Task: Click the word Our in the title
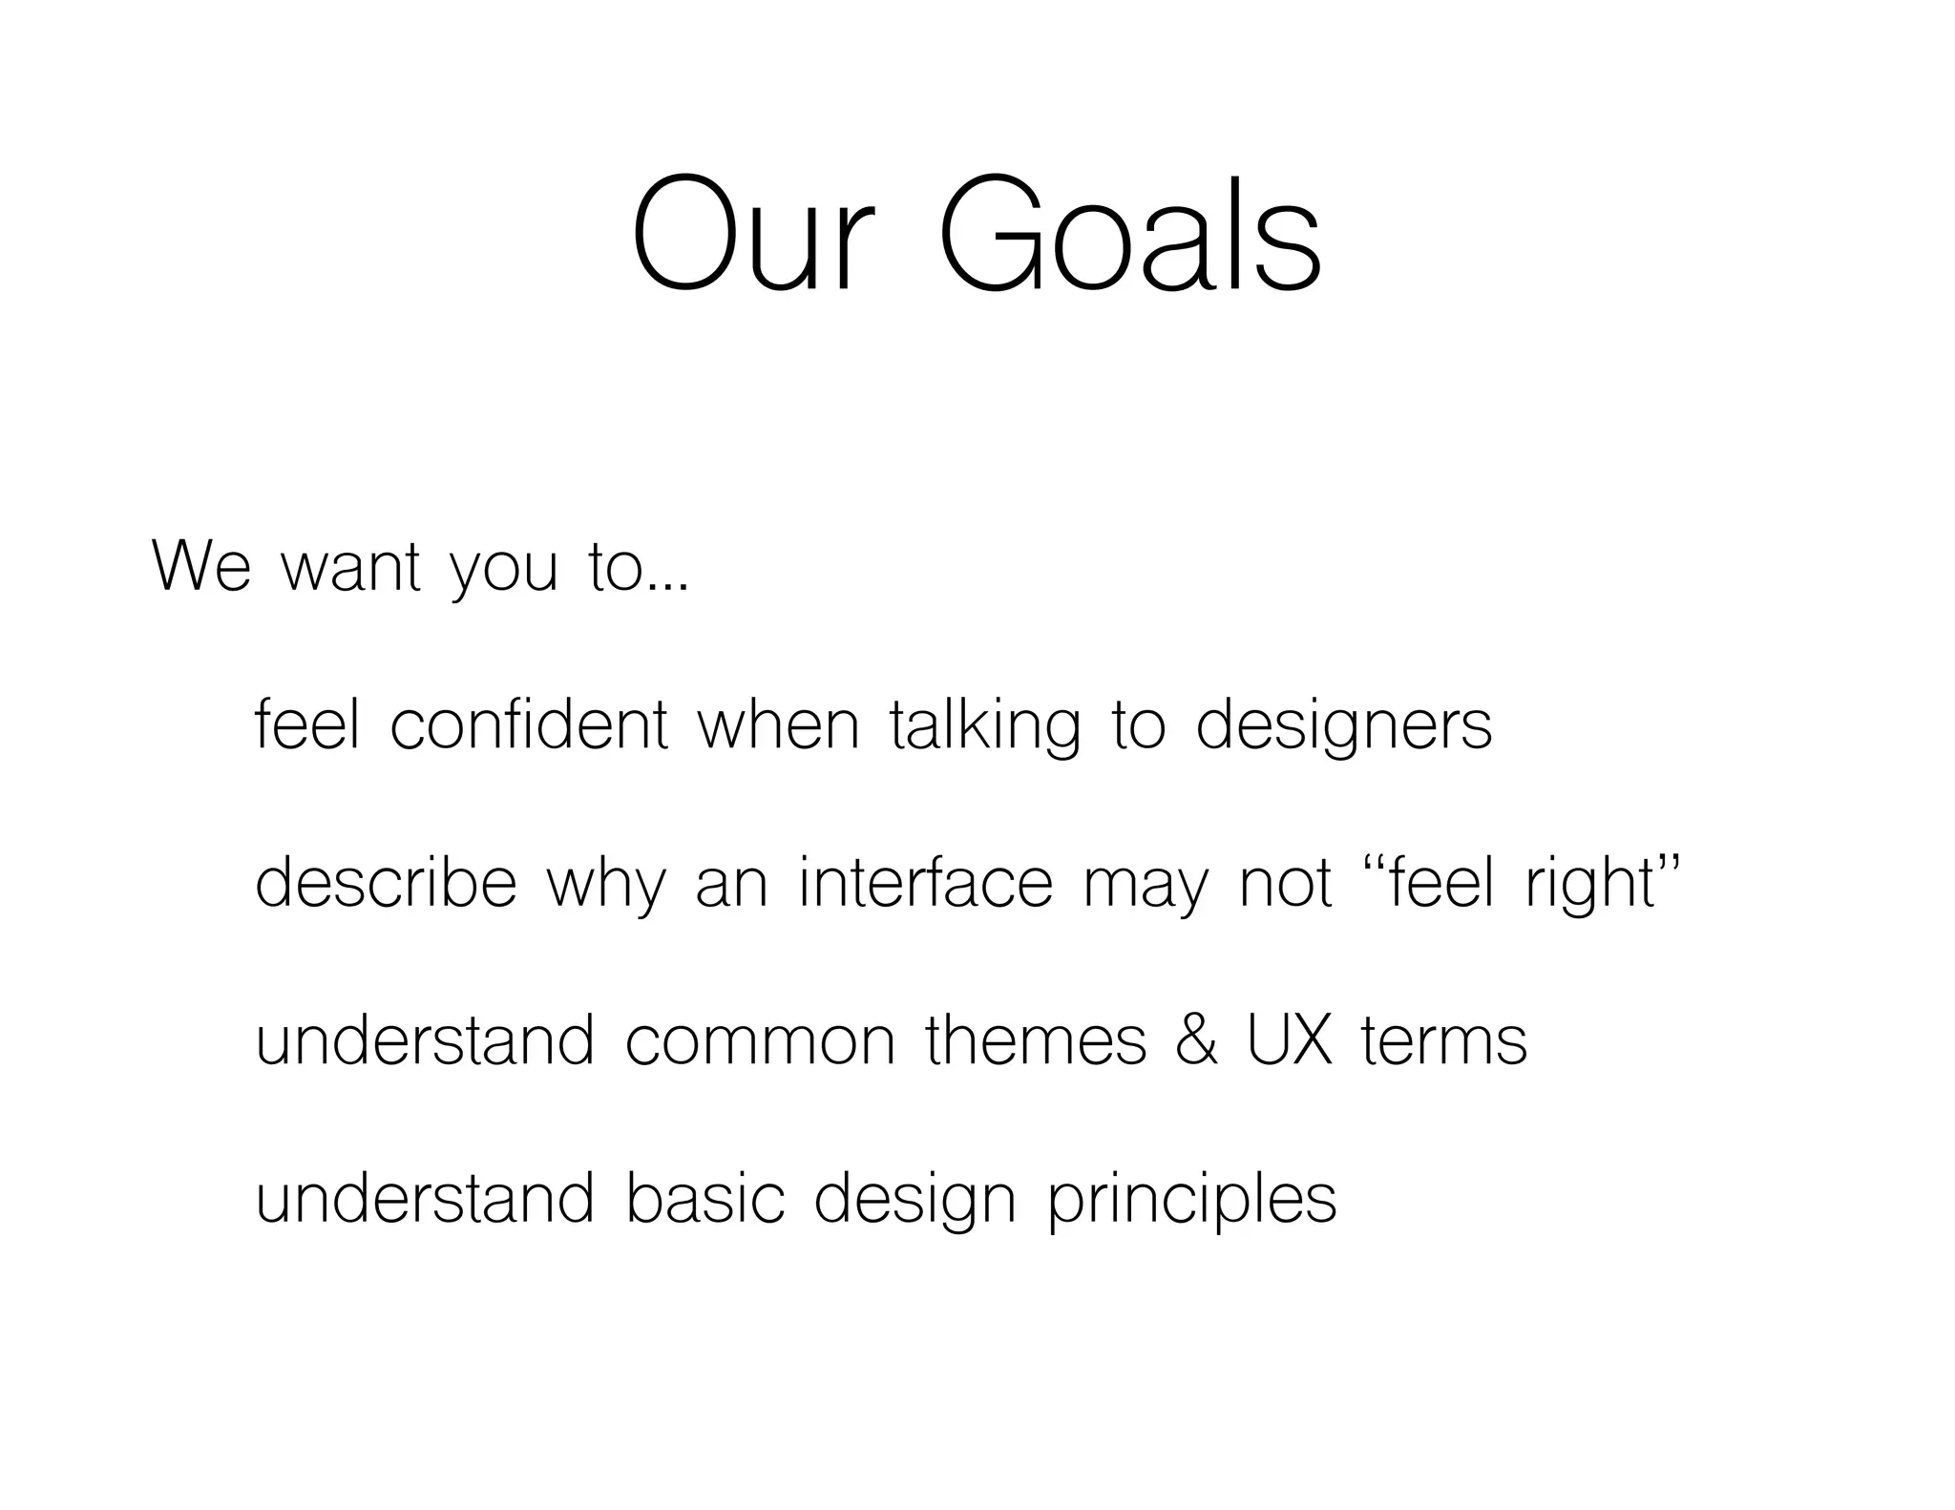click(752, 235)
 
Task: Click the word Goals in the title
click(1130, 235)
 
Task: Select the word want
click(350, 569)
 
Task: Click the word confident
click(529, 725)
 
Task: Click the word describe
click(386, 882)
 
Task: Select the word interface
click(925, 882)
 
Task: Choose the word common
click(760, 1042)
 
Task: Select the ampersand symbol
click(1197, 1040)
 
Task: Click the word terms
click(1444, 1042)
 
